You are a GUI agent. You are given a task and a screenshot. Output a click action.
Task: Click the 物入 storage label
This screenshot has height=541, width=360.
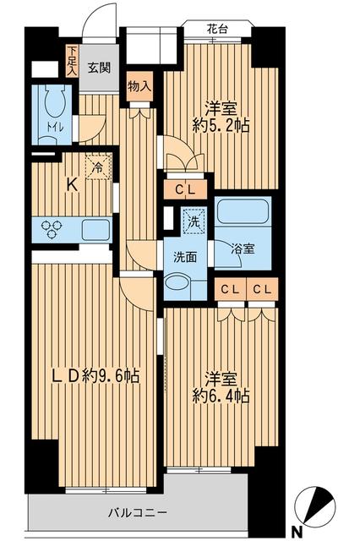pyautogui.click(x=139, y=85)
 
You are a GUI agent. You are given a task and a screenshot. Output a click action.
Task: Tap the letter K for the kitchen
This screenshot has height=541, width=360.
pyautogui.click(x=73, y=187)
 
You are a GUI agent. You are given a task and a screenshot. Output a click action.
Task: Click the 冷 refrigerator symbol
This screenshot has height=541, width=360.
pyautogui.click(x=98, y=168)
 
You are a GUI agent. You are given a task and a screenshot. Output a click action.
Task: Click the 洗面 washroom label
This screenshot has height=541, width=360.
pyautogui.click(x=185, y=257)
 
